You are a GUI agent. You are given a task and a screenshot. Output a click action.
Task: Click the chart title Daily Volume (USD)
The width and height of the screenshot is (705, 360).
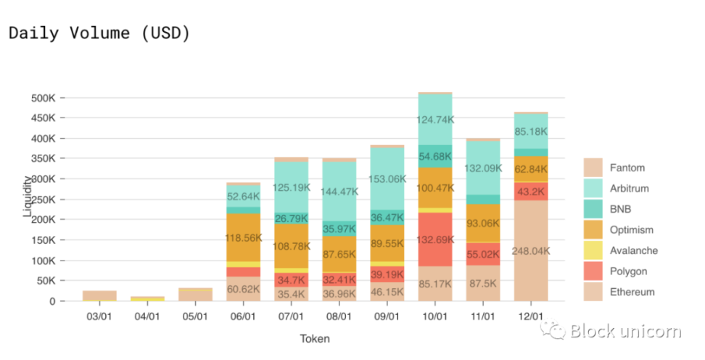pos(99,33)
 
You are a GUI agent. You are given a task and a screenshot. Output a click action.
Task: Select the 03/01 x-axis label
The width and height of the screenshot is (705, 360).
pos(99,316)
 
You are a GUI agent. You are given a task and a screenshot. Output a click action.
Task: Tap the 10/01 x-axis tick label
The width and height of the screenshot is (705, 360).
pos(434,316)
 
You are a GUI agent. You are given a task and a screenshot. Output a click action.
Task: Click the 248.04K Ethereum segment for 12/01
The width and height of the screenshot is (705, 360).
pos(531,250)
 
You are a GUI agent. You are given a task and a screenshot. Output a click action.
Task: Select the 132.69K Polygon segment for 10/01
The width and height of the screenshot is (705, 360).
pos(434,239)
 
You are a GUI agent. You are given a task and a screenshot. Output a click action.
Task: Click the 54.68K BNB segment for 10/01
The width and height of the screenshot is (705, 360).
pos(434,156)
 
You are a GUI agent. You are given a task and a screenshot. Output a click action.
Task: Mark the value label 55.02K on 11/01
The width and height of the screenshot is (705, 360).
pos(482,254)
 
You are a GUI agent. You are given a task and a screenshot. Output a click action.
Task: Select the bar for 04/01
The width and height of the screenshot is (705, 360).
pos(147,298)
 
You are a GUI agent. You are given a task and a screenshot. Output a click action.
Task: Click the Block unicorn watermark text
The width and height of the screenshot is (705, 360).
pos(625,332)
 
